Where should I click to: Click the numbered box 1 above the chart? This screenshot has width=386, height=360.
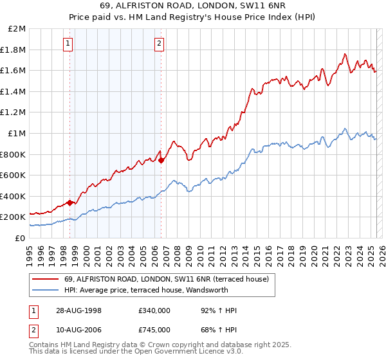(x=68, y=44)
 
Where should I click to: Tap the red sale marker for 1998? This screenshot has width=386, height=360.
(x=70, y=202)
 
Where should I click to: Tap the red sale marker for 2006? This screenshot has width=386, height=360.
(x=161, y=160)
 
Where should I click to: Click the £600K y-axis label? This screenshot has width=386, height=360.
(x=13, y=175)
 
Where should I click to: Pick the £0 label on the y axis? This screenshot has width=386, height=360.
(x=20, y=238)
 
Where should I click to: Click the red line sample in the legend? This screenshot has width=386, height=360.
(x=45, y=278)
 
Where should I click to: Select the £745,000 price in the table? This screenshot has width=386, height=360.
(x=154, y=330)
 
